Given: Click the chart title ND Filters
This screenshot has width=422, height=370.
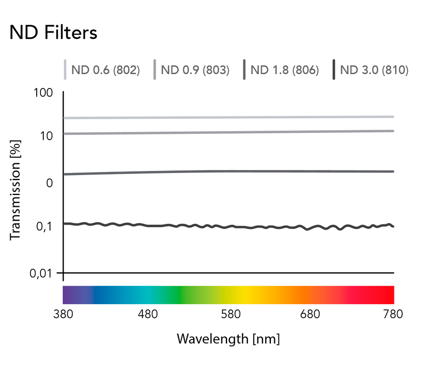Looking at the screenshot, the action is coord(53,33).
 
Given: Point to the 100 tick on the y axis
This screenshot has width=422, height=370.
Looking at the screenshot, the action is coord(43,93).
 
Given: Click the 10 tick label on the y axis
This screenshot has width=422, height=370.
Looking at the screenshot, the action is coord(46,136).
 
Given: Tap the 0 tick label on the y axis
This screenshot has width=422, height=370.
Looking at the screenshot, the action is coord(49,183).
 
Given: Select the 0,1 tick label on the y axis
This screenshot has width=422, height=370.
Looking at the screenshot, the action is coord(44,227).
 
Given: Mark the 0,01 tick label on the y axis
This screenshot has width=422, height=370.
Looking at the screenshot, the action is coord(41,274).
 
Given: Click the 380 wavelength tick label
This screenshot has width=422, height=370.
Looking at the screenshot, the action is coord(63,314).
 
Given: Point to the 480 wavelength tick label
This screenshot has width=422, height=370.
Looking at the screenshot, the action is coord(148,314).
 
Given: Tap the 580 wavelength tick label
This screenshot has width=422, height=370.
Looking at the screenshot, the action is coord(231,314).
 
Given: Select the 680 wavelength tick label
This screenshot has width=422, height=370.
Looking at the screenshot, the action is coord(310,314).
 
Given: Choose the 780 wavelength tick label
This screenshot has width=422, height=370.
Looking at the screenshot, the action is coord(393,314).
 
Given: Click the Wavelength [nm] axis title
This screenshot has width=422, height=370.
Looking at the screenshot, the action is coord(228,339).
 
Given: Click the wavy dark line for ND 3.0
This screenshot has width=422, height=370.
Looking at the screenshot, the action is coord(229,227).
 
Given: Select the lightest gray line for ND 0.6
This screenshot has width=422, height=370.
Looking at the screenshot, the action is coord(229,117).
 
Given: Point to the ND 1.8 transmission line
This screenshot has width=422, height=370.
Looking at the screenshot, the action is coord(229,172).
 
